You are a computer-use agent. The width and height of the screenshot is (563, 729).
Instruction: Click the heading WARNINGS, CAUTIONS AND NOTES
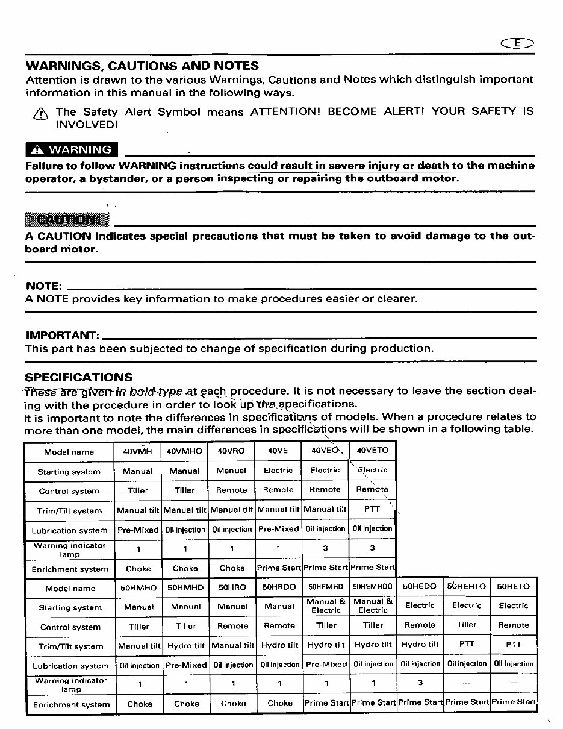point(142,66)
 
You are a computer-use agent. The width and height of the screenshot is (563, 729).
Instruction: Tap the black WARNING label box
point(72,149)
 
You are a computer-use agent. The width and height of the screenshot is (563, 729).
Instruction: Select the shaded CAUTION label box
point(67,220)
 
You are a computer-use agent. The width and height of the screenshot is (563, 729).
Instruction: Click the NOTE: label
point(43,286)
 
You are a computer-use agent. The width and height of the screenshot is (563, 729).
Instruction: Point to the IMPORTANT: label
point(61,335)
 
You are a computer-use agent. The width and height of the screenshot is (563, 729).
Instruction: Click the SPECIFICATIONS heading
point(79,377)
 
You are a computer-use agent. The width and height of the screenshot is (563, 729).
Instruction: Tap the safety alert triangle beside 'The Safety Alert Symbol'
point(40,113)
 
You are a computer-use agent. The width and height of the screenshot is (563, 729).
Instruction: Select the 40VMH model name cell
point(137,451)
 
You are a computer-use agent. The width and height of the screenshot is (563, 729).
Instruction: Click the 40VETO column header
point(373,450)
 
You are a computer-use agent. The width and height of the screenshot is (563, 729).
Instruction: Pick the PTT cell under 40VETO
point(372,509)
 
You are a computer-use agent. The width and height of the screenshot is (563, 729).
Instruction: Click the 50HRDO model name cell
point(279,587)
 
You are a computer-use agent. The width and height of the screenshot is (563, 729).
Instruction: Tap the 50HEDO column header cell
point(420,586)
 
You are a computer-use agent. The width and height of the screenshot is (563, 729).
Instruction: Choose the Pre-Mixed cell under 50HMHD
point(186,665)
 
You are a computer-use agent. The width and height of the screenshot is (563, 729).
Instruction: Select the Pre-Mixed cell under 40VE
point(278,529)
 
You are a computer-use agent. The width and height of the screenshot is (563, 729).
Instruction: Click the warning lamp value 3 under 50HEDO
point(420,683)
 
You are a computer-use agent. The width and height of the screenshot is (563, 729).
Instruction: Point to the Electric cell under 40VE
point(278,471)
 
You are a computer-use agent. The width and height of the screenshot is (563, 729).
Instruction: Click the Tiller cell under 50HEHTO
point(467,625)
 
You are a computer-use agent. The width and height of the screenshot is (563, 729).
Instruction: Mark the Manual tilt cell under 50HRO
point(233,645)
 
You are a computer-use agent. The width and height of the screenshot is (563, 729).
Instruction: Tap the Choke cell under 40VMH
point(138,568)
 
